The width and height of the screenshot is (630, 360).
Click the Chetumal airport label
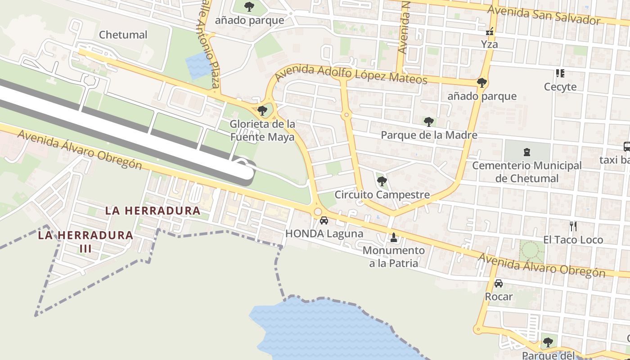[123, 35]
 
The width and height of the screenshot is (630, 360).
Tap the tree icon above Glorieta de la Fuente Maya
[262, 110]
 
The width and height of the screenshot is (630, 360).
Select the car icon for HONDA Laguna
[324, 221]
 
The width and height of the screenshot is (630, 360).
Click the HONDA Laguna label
[324, 234]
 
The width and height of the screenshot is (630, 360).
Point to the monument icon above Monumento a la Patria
[394, 237]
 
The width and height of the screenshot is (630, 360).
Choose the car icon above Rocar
[498, 283]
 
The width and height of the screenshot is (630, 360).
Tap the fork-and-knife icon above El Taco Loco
[573, 226]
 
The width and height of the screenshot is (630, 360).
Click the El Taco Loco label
[573, 240]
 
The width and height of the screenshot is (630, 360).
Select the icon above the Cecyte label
[560, 73]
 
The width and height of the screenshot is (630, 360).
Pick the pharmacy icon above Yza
[490, 32]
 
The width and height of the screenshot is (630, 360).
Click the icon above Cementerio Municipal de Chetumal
[527, 153]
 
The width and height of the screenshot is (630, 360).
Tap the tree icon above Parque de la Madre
[429, 121]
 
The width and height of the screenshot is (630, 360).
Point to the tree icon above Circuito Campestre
[382, 181]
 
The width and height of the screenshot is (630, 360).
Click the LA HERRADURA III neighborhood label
[85, 241]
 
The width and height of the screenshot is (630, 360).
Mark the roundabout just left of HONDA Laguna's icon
[318, 211]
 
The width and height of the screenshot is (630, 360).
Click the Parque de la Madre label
[429, 135]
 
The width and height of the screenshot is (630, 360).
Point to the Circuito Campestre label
[382, 195]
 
